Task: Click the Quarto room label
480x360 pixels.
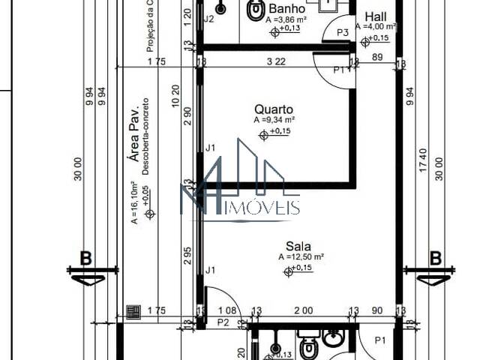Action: pyautogui.click(x=274, y=109)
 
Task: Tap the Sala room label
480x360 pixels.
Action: pyautogui.click(x=298, y=245)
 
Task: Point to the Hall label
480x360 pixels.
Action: pyautogui.click(x=376, y=16)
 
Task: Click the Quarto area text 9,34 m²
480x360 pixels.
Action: pyautogui.click(x=274, y=120)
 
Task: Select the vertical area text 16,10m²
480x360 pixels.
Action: pyautogui.click(x=134, y=202)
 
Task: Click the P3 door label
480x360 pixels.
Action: pyautogui.click(x=343, y=32)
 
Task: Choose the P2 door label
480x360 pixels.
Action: pyautogui.click(x=223, y=322)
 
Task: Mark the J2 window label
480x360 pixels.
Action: pyautogui.click(x=209, y=19)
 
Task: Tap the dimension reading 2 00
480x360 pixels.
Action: pyautogui.click(x=303, y=310)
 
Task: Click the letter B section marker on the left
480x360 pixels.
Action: pyautogui.click(x=85, y=259)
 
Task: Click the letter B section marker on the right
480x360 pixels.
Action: pyautogui.click(x=435, y=259)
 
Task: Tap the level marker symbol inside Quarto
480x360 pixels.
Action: pyautogui.click(x=263, y=135)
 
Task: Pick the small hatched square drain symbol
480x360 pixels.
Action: pyautogui.click(x=133, y=311)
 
